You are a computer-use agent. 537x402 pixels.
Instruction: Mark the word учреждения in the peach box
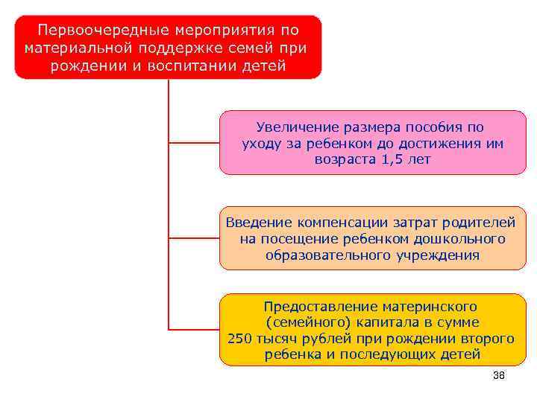coord(440,255)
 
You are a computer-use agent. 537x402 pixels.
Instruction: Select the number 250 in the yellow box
coord(240,339)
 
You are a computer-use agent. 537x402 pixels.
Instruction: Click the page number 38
coord(500,376)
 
